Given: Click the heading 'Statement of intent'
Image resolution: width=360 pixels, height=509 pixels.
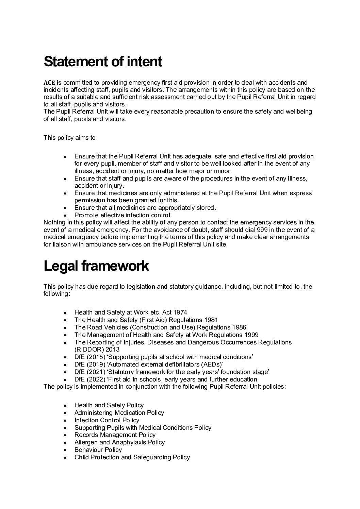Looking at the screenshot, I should [x=103, y=62].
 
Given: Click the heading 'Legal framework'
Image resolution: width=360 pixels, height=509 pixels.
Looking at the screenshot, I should [x=96, y=266].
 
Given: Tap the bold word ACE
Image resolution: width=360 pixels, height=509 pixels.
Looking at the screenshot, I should [x=49, y=83].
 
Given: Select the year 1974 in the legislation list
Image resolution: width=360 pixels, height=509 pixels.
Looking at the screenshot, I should [x=180, y=312].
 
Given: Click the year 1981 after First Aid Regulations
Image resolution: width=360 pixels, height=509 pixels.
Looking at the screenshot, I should [x=211, y=320].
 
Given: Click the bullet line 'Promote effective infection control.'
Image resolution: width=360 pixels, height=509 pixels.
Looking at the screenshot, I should [x=123, y=215].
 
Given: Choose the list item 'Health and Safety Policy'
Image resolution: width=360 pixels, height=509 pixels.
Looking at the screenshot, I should [x=109, y=405].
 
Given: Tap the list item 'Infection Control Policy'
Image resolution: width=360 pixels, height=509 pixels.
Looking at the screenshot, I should [x=107, y=420].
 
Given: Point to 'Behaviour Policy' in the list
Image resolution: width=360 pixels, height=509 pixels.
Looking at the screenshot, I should [x=98, y=450].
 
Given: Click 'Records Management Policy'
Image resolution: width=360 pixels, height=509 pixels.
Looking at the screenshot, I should [x=115, y=435].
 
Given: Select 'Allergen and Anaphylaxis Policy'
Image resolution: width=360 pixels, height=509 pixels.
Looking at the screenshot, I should [x=119, y=442].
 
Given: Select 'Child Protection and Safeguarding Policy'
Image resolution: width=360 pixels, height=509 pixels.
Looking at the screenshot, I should [x=132, y=457].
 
